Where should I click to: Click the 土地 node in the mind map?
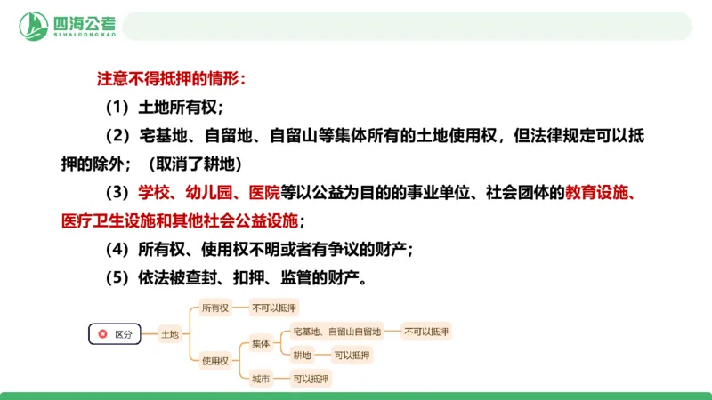coord(169,334)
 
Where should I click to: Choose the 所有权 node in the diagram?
coord(215,308)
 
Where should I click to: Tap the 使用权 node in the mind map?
coord(215,360)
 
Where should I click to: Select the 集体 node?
coord(260,342)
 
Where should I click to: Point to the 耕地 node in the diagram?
coord(302,355)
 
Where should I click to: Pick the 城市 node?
coord(260,379)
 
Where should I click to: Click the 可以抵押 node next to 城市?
coord(311,379)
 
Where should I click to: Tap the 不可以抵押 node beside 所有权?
coord(274,308)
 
